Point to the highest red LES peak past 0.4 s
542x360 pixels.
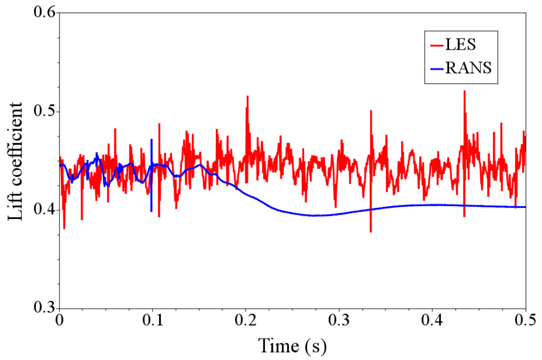pos(465,92)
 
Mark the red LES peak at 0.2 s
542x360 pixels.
pos(247,97)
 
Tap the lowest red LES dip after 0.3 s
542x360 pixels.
pos(371,231)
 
